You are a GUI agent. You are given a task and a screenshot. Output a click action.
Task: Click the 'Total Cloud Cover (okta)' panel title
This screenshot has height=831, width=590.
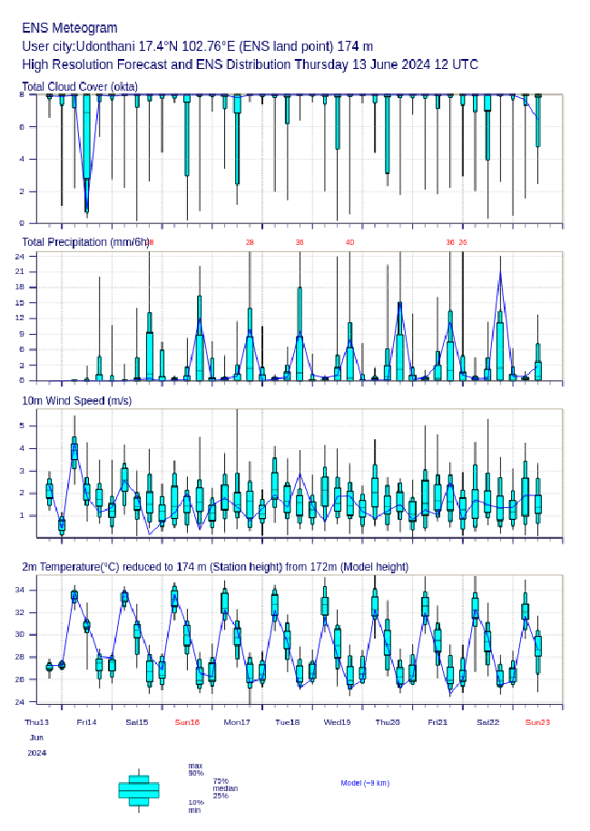(79, 86)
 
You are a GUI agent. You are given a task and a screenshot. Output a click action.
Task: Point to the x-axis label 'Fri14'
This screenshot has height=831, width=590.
(87, 722)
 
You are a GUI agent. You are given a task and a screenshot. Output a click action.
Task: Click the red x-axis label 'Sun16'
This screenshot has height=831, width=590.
(187, 722)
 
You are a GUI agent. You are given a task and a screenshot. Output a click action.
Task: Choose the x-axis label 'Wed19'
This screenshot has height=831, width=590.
(338, 722)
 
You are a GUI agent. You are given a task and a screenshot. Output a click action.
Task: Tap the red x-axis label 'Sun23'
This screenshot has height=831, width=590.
(538, 722)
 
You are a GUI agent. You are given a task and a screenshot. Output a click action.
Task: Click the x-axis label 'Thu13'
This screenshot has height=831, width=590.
(37, 722)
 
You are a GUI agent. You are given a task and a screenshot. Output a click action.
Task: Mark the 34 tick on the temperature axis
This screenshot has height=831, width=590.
(29, 590)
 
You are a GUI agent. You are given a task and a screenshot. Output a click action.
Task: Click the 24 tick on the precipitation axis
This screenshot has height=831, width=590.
(29, 257)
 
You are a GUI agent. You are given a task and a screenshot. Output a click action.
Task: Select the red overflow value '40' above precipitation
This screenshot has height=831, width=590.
(349, 242)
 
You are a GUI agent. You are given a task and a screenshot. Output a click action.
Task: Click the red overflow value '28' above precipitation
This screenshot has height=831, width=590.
(250, 242)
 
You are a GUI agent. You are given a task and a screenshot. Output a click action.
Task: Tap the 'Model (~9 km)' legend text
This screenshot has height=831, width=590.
(365, 782)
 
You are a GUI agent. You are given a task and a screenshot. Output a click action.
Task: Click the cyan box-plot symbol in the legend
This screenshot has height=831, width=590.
(139, 789)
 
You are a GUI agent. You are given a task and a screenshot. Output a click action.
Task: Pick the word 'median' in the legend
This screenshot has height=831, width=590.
(225, 787)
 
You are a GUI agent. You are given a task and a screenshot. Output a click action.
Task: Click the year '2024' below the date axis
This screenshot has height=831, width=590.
(36, 753)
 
